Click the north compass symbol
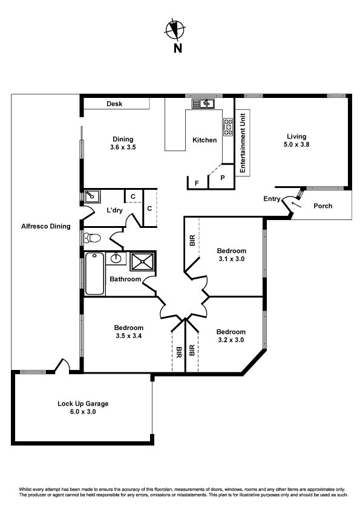click(175, 30)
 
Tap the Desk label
click(114, 104)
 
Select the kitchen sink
click(203, 103)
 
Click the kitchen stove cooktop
click(228, 126)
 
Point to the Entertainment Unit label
click(243, 143)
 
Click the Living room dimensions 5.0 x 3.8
click(296, 144)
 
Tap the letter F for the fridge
click(197, 183)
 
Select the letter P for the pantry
click(223, 178)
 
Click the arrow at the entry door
click(296, 204)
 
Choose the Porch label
click(323, 206)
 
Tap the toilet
click(93, 238)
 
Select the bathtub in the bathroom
click(94, 274)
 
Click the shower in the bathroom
click(142, 261)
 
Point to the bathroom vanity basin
click(116, 258)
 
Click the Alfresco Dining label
click(46, 226)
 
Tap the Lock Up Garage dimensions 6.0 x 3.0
click(83, 412)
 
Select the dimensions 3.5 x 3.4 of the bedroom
click(129, 336)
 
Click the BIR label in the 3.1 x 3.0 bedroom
click(192, 240)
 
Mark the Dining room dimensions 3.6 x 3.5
click(123, 147)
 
